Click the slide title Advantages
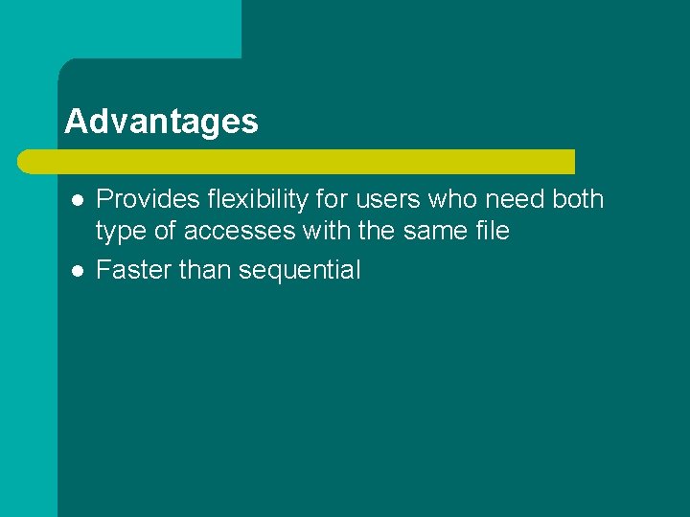click(161, 122)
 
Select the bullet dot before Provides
click(78, 200)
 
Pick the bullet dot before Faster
click(78, 271)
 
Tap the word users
click(381, 199)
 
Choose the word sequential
click(300, 271)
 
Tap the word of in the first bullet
click(169, 231)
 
